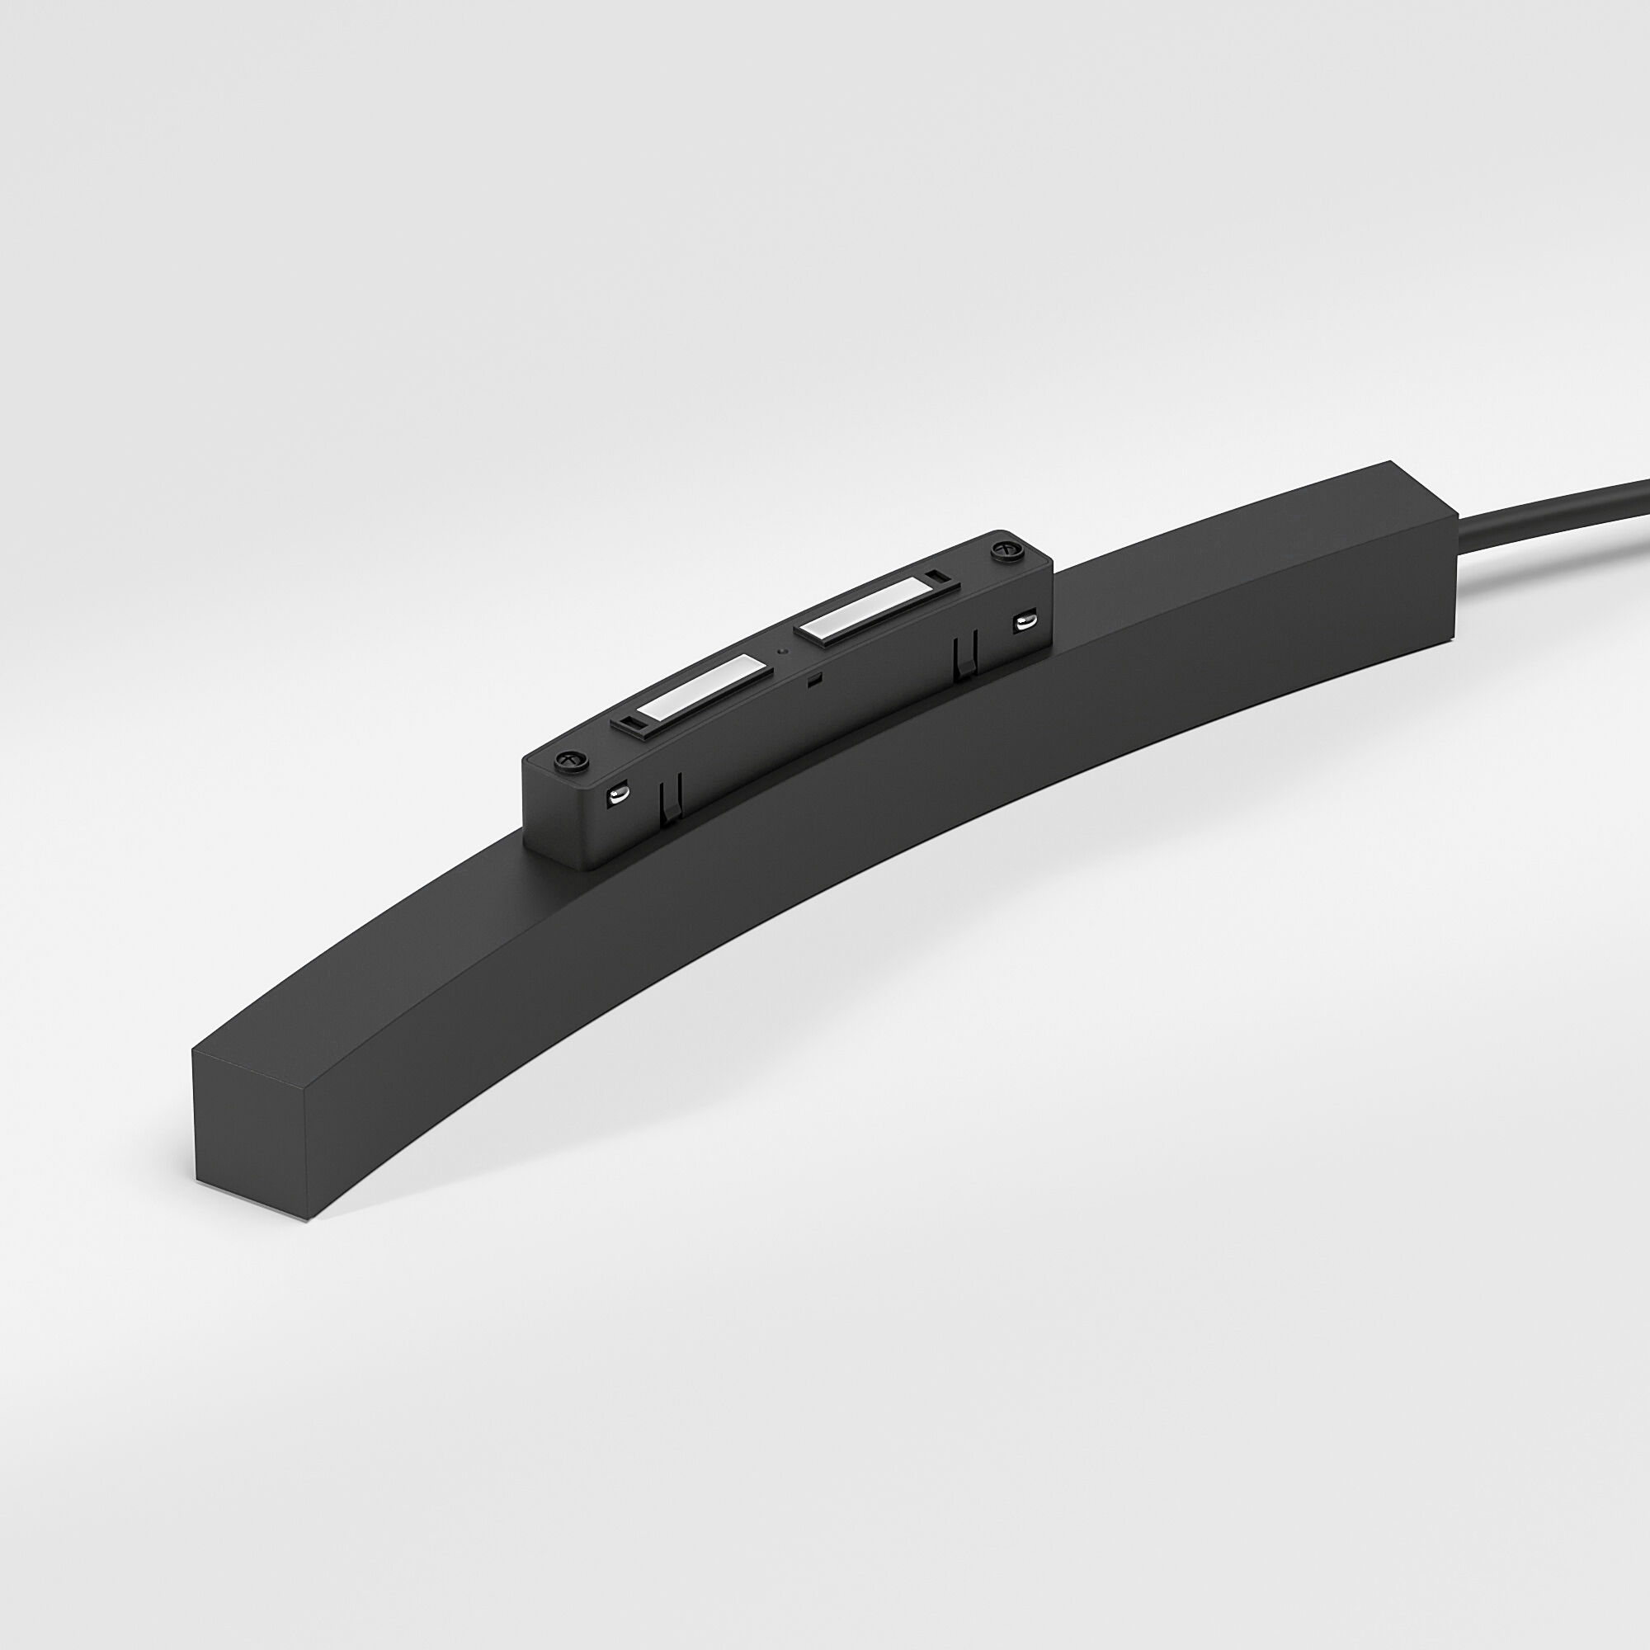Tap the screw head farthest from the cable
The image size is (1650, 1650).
pyautogui.click(x=567, y=759)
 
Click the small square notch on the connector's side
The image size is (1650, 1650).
pyautogui.click(x=815, y=680)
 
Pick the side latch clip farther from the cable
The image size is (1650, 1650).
pyautogui.click(x=672, y=797)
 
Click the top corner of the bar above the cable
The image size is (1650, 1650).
pyautogui.click(x=1388, y=463)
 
